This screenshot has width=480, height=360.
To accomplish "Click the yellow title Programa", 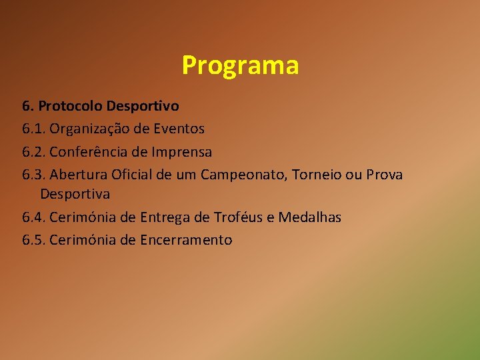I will (240, 66).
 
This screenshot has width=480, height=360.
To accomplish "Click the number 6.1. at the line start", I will (33, 128).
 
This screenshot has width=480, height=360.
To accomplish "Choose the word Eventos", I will (179, 128).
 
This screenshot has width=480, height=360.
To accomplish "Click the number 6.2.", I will (33, 151).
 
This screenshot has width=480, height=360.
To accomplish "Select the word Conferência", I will (88, 151).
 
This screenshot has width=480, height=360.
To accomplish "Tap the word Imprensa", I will (181, 151).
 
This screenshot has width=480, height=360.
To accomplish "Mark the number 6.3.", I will (33, 175).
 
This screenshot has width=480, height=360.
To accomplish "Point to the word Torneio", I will (320, 175).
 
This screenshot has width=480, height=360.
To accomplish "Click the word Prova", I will (384, 175).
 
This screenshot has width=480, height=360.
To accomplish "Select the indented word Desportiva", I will (75, 194).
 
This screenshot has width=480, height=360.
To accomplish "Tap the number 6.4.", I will (33, 217).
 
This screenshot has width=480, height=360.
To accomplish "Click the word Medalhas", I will (310, 217).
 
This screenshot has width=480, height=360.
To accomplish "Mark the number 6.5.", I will (33, 240).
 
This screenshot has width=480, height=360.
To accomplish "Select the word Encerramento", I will (186, 240).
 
